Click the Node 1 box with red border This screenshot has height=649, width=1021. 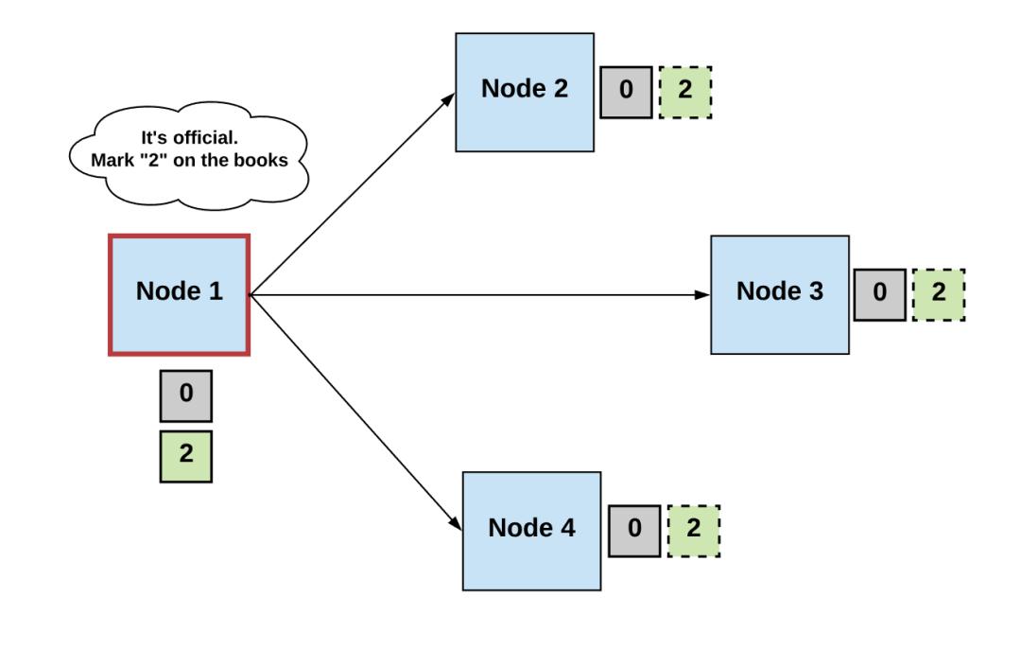click(x=179, y=295)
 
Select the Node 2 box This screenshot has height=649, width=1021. click(x=525, y=93)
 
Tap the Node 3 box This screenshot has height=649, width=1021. click(x=780, y=295)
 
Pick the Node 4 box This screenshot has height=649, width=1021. click(x=532, y=531)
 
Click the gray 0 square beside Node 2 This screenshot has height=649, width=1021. click(x=626, y=92)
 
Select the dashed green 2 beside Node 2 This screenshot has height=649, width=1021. click(x=685, y=92)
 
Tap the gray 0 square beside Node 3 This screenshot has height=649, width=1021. click(x=880, y=294)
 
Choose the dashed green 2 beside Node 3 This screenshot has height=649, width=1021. click(x=939, y=294)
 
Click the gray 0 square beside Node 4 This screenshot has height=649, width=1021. click(x=635, y=531)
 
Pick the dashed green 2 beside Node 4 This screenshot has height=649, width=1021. click(x=694, y=531)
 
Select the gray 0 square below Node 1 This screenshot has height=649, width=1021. click(x=186, y=396)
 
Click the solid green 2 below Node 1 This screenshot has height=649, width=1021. click(x=186, y=456)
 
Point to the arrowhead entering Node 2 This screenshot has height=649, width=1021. click(x=448, y=99)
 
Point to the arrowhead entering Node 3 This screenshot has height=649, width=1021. click(x=702, y=295)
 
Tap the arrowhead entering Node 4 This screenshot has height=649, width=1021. click(x=456, y=523)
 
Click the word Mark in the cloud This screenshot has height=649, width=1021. click(x=112, y=160)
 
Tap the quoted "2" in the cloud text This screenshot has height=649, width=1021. click(x=154, y=160)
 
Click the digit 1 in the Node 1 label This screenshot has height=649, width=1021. click(x=216, y=290)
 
